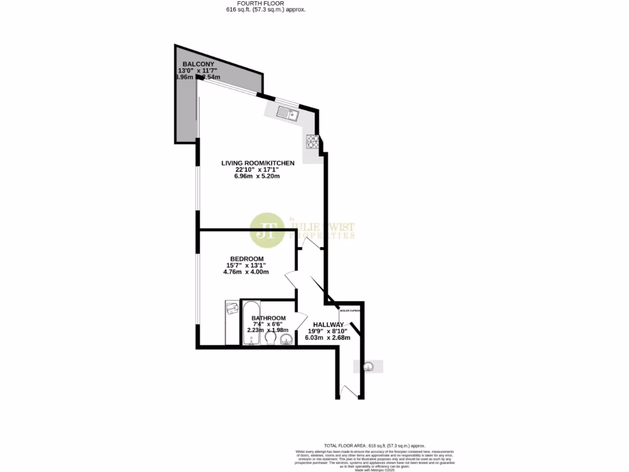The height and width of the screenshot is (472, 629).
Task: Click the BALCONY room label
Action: [x=198, y=64]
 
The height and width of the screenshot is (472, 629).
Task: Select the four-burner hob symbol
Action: [x=314, y=143]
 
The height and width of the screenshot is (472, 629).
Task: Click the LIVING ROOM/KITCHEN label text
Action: [x=258, y=163]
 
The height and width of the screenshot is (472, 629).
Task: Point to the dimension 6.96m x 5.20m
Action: [x=257, y=176]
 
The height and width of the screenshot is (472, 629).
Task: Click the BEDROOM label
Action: [x=247, y=258]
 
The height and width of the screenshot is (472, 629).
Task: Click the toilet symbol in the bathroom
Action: [x=270, y=337]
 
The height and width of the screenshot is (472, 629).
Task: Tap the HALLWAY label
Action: [x=328, y=324]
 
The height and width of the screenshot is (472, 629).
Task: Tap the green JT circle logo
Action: [x=267, y=229]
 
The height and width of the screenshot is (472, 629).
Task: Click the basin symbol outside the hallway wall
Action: [x=368, y=366]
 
